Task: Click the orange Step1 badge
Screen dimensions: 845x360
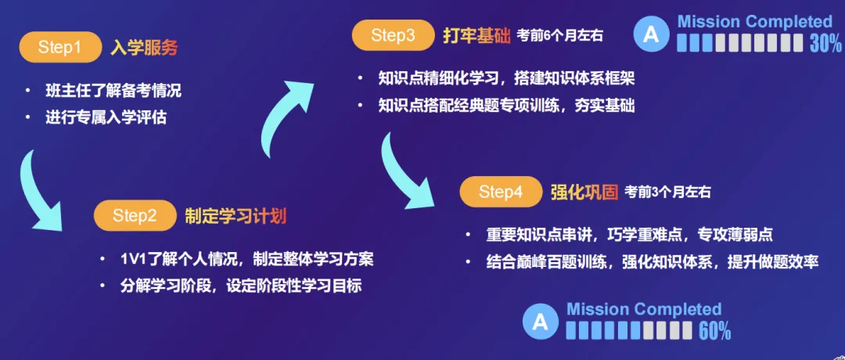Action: pyautogui.click(x=59, y=48)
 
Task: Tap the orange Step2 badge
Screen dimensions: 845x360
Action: pyautogui.click(x=135, y=215)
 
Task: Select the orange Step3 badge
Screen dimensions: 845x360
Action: pyautogui.click(x=393, y=35)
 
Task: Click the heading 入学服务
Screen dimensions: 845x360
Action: pyautogui.click(x=144, y=48)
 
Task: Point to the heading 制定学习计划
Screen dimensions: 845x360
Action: pyautogui.click(x=236, y=216)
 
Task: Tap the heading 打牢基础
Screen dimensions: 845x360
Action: pyautogui.click(x=476, y=36)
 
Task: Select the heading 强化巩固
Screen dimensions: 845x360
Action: pyautogui.click(x=584, y=193)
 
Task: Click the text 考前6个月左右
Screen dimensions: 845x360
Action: pyautogui.click(x=559, y=37)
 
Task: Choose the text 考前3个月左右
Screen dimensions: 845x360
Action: pyautogui.click(x=667, y=192)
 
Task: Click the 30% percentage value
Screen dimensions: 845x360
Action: pyautogui.click(x=825, y=44)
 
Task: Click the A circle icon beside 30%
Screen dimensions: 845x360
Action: pyautogui.click(x=651, y=34)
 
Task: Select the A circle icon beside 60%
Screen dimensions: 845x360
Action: pyautogui.click(x=540, y=322)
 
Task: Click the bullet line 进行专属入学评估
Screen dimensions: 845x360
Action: pyautogui.click(x=106, y=118)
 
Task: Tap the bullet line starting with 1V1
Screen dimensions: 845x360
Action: pyautogui.click(x=246, y=259)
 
